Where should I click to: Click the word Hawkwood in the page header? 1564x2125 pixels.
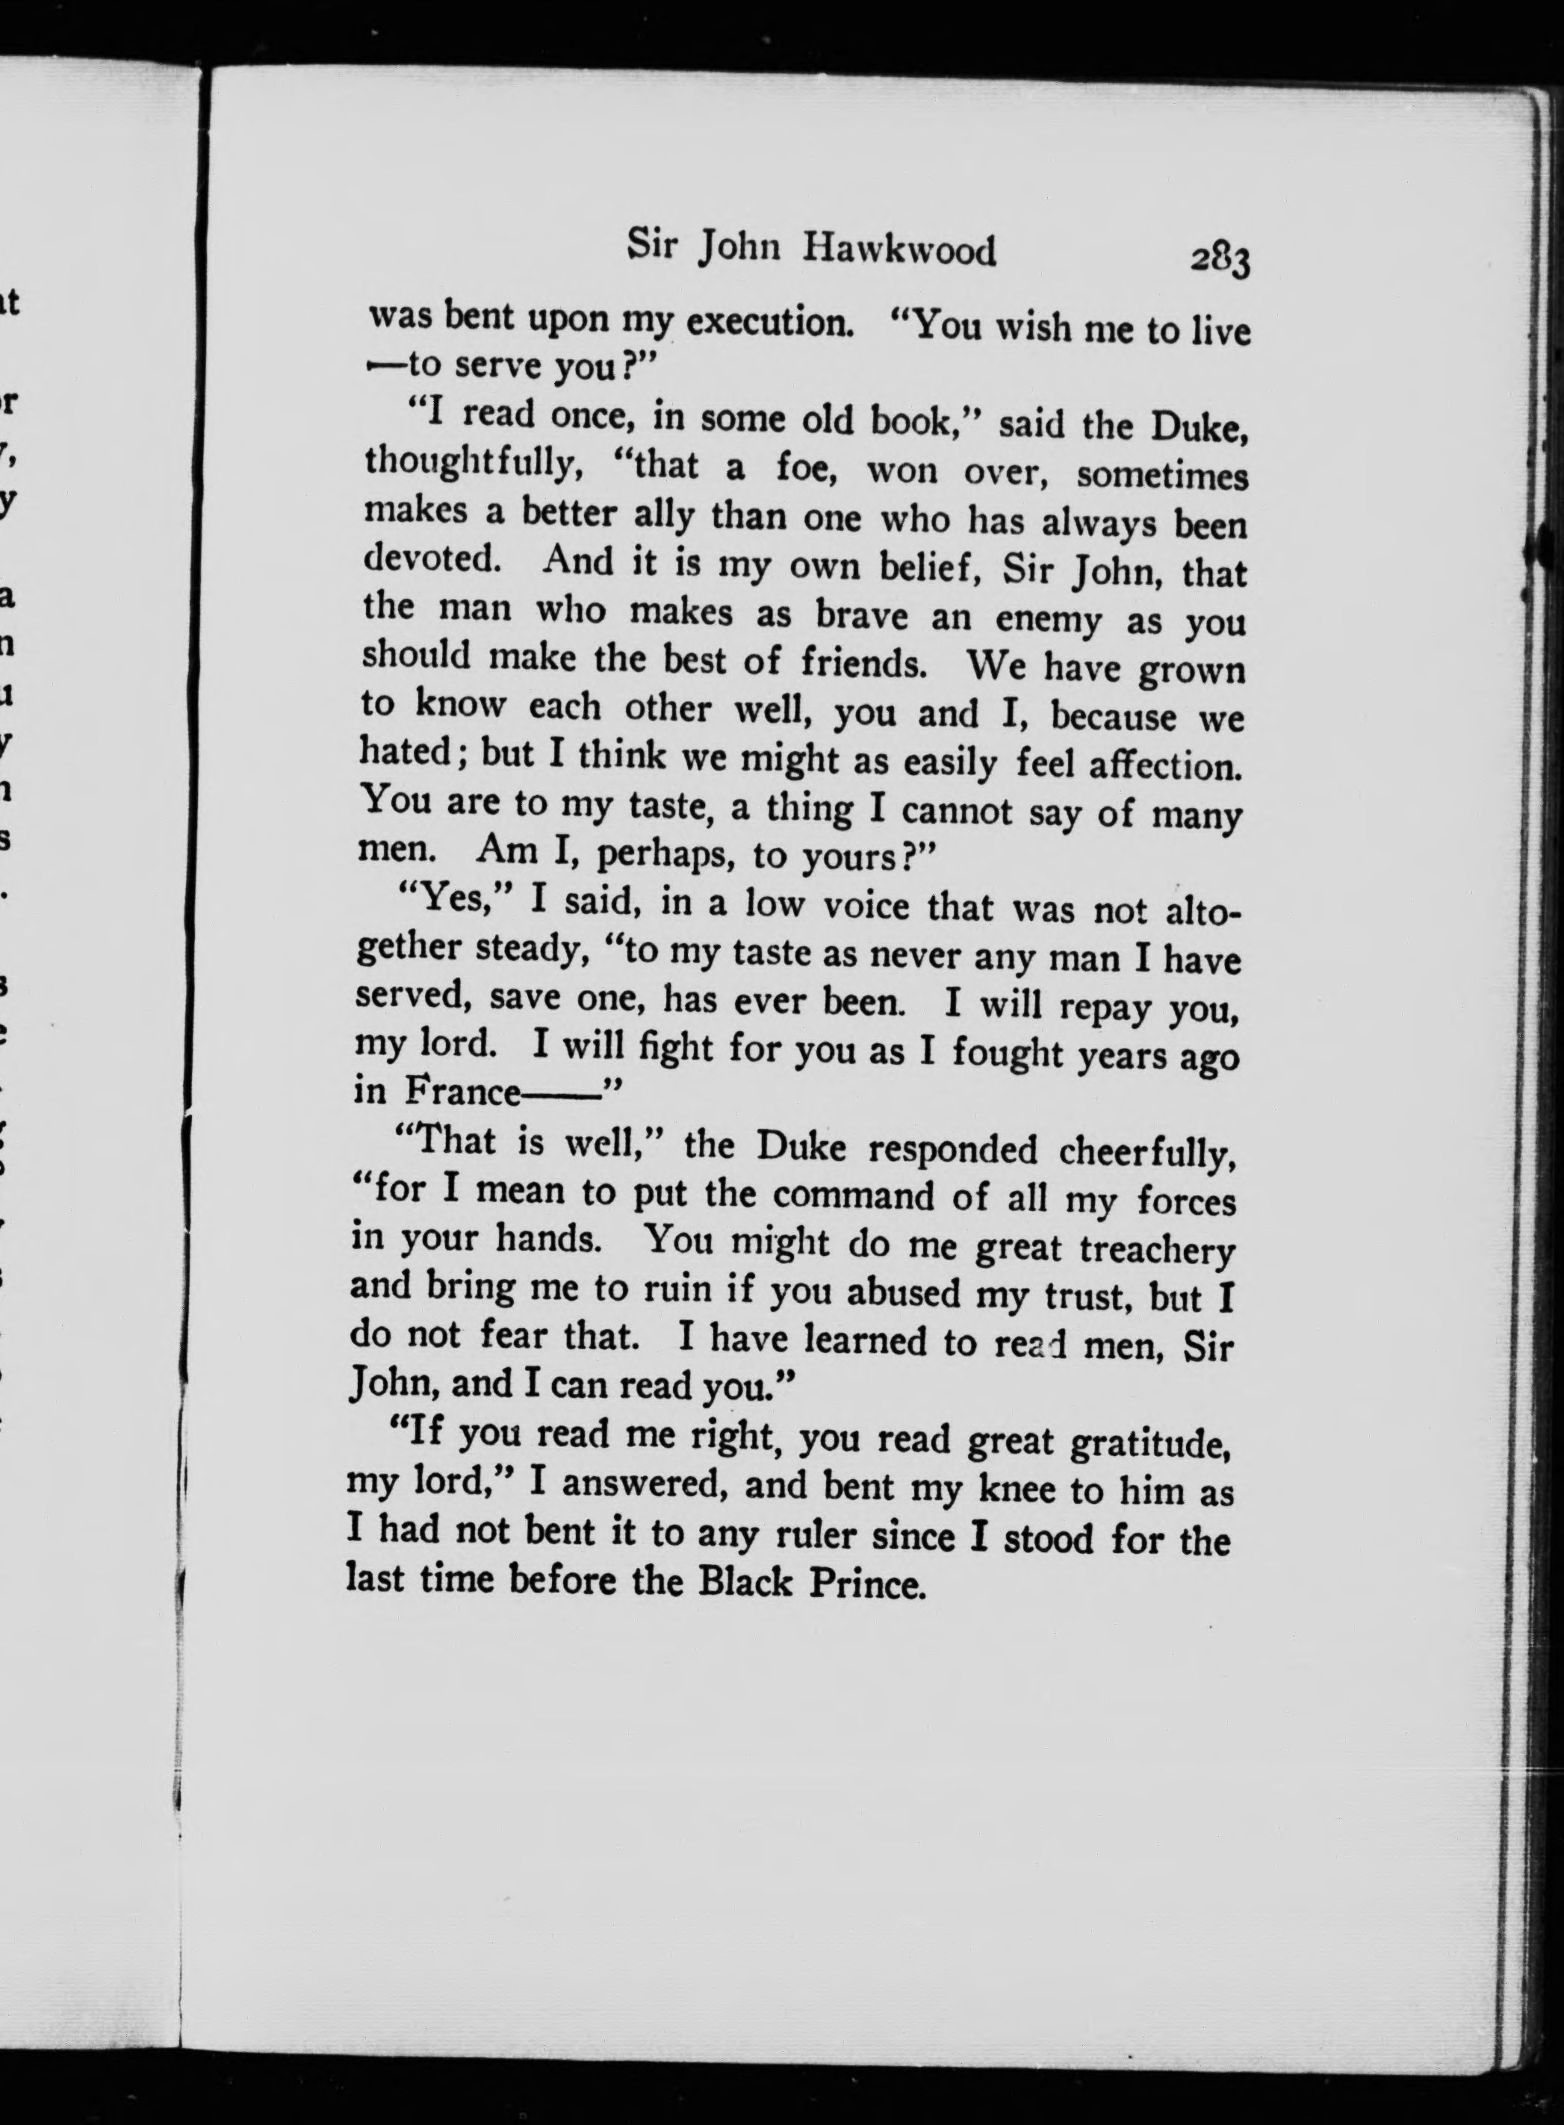899,252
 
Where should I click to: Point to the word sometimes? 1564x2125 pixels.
1161,475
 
